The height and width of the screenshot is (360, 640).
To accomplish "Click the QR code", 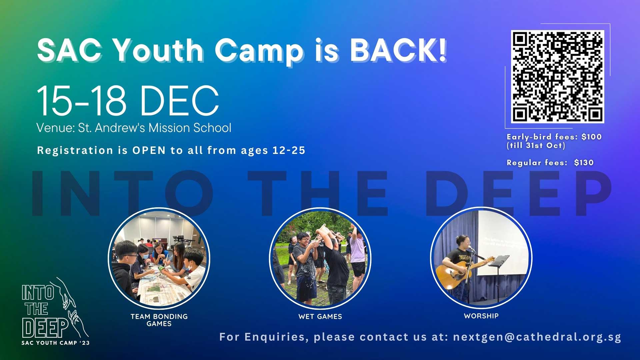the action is click(557, 77).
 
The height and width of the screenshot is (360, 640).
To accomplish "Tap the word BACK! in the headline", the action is click(398, 50).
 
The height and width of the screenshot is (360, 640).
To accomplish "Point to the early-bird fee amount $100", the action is click(591, 137).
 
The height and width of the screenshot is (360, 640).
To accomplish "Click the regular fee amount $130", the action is click(584, 163).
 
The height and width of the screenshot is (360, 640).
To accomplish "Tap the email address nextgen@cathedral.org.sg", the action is click(537, 337).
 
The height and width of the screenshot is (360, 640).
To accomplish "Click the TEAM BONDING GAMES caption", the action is click(159, 320).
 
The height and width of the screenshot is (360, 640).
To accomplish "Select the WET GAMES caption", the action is click(320, 316).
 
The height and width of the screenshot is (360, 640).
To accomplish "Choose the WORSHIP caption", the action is click(481, 316).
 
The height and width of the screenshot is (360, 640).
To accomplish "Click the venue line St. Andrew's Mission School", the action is click(155, 128).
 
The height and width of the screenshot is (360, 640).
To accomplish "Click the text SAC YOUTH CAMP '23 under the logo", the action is click(56, 343).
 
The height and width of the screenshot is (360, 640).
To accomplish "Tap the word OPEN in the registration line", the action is click(149, 150).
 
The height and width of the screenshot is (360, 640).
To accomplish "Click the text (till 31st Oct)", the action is click(536, 146).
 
